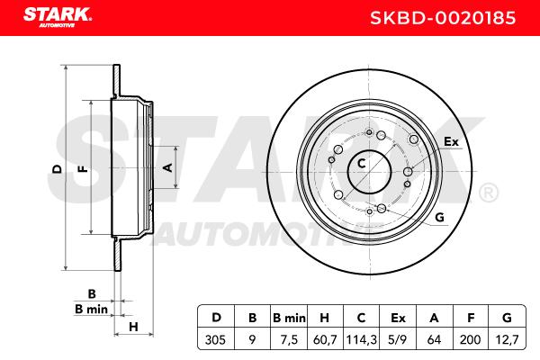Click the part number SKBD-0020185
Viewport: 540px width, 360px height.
click(443, 18)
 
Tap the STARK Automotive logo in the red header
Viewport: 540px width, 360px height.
click(58, 17)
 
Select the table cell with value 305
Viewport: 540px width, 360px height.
click(215, 339)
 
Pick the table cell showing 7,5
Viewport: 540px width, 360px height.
click(289, 339)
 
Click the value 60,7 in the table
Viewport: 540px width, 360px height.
click(325, 339)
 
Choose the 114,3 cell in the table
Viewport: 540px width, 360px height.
click(361, 339)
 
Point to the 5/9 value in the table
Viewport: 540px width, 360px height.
click(398, 339)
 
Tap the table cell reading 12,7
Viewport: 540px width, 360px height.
click(507, 339)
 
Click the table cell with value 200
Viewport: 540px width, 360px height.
click(470, 339)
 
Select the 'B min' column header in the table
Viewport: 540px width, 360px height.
click(289, 318)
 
